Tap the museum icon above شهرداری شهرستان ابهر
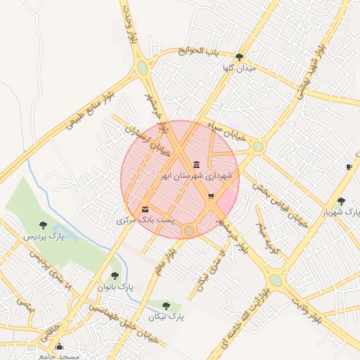(196, 165)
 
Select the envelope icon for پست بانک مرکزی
(145, 210)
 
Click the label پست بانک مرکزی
(145, 220)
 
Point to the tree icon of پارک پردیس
(44, 225)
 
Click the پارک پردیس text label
(44, 236)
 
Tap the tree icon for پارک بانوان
(115, 276)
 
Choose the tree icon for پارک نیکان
(166, 306)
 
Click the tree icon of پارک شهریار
(341, 201)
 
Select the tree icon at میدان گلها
(239, 58)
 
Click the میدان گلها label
(239, 68)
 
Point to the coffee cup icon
(349, 167)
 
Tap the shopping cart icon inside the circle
(211, 196)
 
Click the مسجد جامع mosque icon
(59, 346)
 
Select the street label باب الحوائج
(199, 51)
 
